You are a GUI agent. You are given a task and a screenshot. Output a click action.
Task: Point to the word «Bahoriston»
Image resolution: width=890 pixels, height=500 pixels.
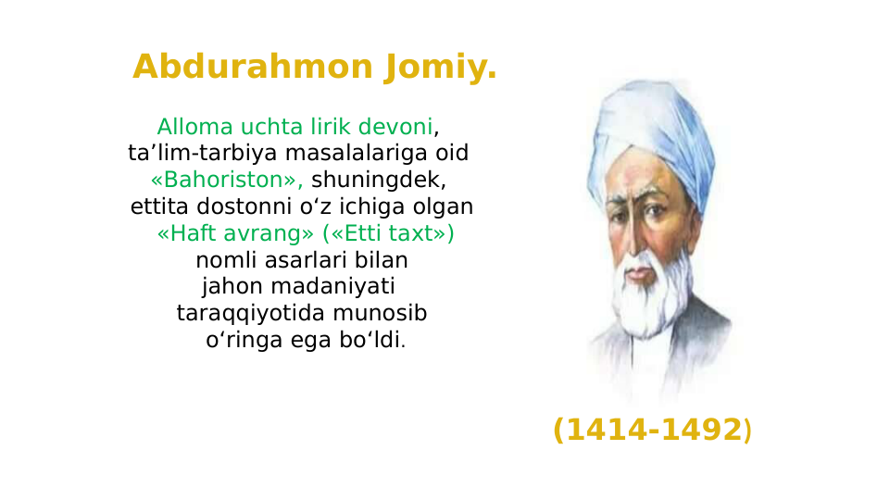click(x=228, y=180)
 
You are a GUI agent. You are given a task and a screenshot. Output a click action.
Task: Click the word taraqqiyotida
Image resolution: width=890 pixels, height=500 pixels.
click(x=247, y=313)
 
